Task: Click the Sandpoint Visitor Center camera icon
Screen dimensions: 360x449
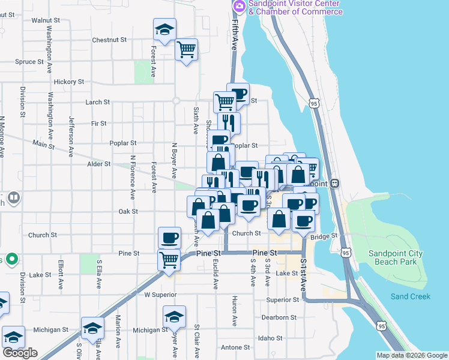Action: [240, 5]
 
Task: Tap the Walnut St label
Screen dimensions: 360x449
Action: [46, 20]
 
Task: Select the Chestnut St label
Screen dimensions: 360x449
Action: [109, 40]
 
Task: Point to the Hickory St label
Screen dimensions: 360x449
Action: [68, 82]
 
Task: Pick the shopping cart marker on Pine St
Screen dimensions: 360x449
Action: [169, 260]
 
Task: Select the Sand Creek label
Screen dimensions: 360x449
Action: [410, 296]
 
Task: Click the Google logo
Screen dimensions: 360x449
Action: [20, 352]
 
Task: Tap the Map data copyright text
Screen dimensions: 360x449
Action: [412, 355]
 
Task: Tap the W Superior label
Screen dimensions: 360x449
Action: [160, 295]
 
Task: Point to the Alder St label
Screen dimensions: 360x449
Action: [99, 163]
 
